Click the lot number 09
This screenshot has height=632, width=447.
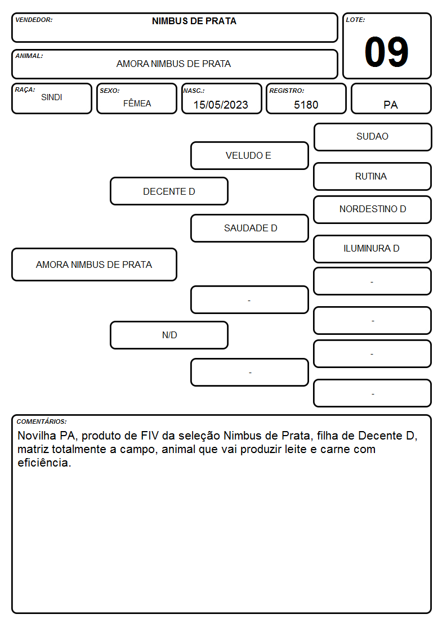[386, 52]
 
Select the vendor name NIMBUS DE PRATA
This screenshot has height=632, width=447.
[194, 21]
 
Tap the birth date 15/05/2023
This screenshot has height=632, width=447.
[221, 105]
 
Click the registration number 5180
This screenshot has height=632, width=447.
[306, 105]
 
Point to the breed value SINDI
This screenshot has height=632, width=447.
[52, 97]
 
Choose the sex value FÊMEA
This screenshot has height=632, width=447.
[137, 103]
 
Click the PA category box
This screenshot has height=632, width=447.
[391, 98]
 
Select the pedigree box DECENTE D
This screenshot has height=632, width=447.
[169, 191]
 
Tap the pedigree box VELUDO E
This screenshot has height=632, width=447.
[249, 155]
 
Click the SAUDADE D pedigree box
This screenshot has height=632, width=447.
[249, 228]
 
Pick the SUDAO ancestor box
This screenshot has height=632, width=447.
[373, 137]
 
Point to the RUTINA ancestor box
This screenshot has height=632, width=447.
[373, 177]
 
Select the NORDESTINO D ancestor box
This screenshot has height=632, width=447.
[373, 209]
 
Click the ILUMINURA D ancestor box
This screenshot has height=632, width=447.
[373, 249]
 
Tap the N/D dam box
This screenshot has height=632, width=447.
[169, 335]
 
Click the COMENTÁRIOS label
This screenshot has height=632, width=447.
[42, 422]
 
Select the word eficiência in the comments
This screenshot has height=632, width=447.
[44, 463]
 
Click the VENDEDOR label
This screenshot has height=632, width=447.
[34, 20]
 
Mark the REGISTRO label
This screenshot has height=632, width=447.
[287, 91]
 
